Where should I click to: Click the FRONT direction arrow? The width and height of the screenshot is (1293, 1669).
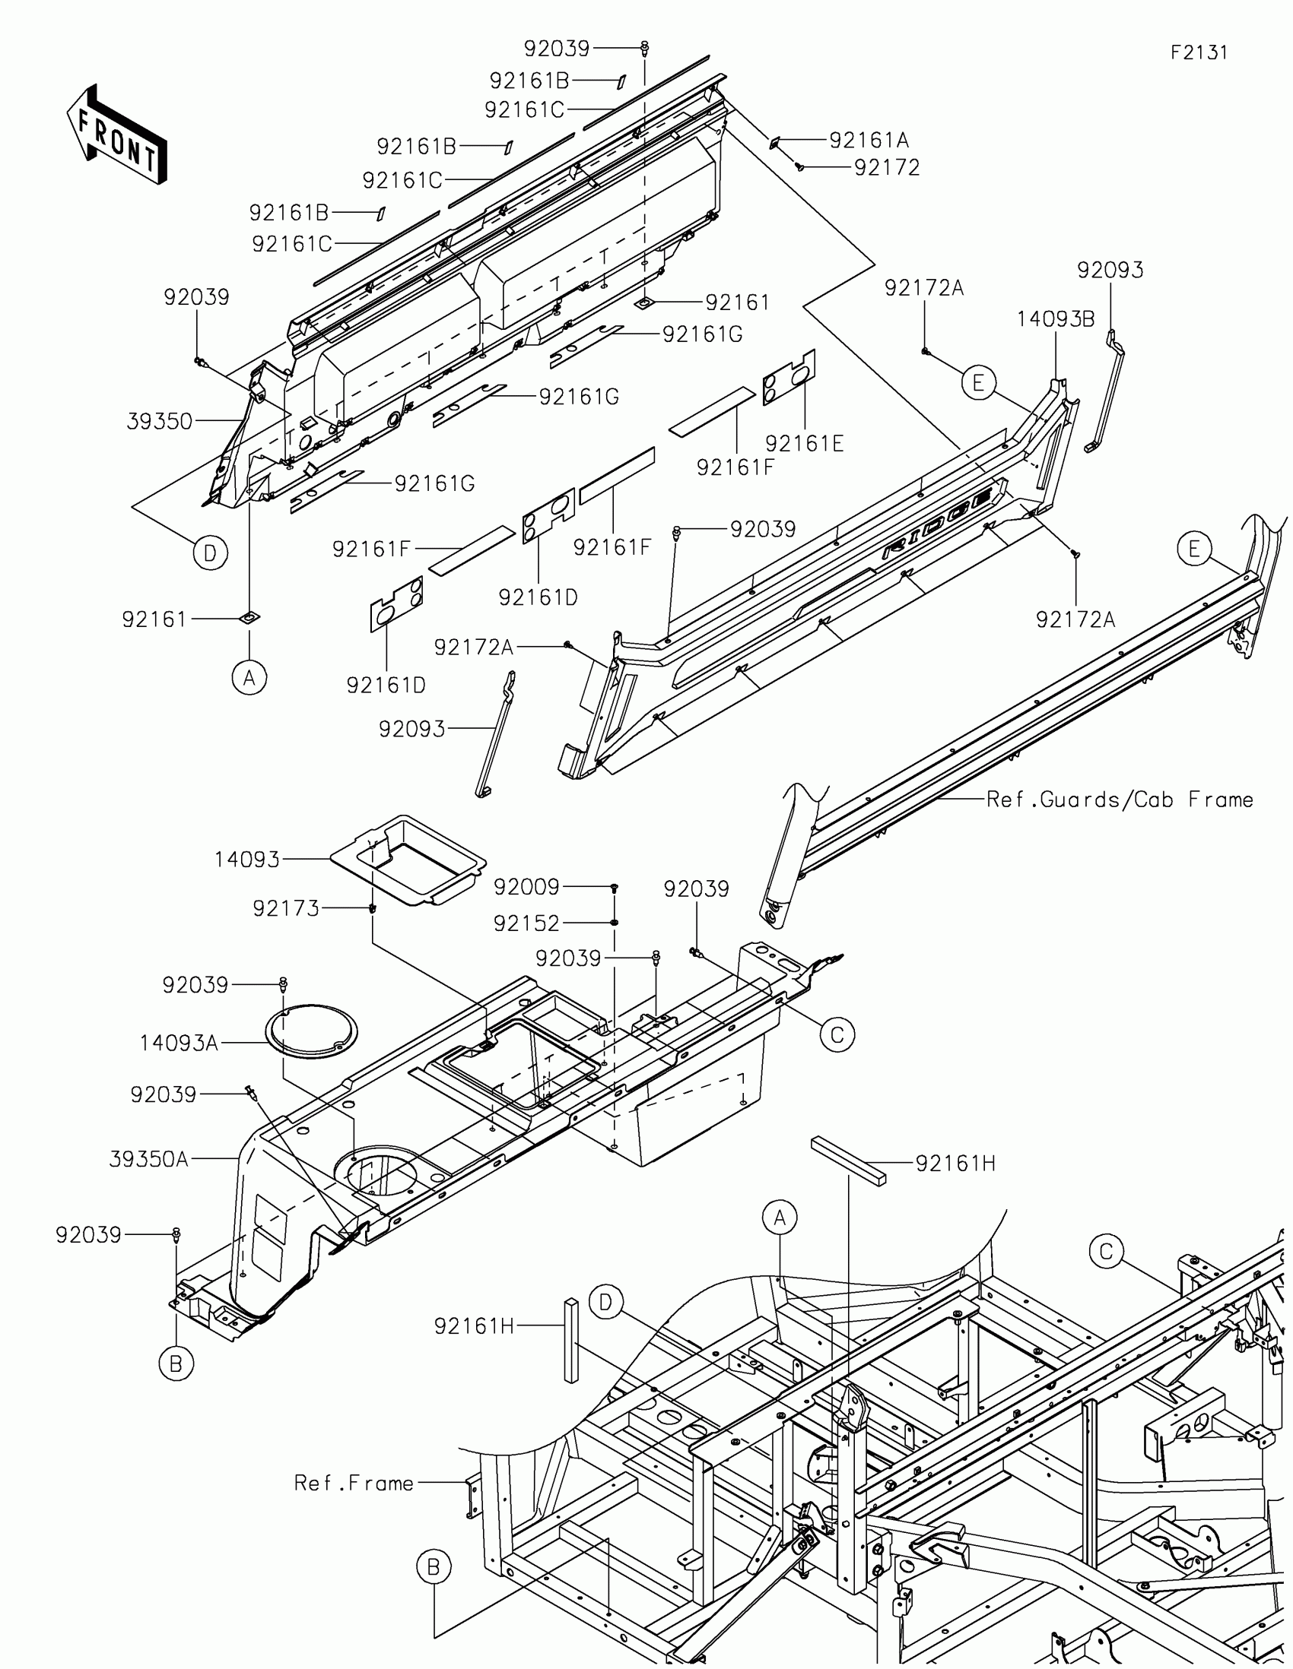click(x=116, y=135)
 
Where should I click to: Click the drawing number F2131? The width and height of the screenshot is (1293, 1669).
click(x=1199, y=52)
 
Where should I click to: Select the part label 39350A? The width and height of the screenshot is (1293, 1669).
click(x=148, y=1159)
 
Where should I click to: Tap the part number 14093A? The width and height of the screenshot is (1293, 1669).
click(x=179, y=1042)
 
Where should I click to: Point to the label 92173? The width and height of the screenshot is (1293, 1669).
click(x=286, y=909)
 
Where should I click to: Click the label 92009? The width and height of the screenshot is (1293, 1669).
click(x=526, y=887)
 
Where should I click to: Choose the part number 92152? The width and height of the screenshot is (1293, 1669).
click(x=526, y=923)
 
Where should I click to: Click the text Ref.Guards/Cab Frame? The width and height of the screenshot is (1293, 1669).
click(x=1120, y=800)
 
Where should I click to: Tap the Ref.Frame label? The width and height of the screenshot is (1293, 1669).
click(x=354, y=1484)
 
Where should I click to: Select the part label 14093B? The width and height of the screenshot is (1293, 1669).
click(x=1055, y=319)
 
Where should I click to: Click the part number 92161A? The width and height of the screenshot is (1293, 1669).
click(x=869, y=141)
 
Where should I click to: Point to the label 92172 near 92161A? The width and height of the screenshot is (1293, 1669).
click(x=887, y=168)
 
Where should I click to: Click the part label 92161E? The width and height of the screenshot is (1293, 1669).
click(x=805, y=444)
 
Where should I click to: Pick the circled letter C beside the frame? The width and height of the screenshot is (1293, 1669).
click(x=1106, y=1252)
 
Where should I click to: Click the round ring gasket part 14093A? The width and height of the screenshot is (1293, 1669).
click(x=310, y=1031)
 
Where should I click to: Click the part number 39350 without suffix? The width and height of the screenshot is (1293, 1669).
click(x=159, y=421)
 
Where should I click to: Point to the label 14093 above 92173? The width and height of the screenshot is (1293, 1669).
click(x=247, y=860)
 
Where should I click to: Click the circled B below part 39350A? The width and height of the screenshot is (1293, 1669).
click(x=176, y=1363)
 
